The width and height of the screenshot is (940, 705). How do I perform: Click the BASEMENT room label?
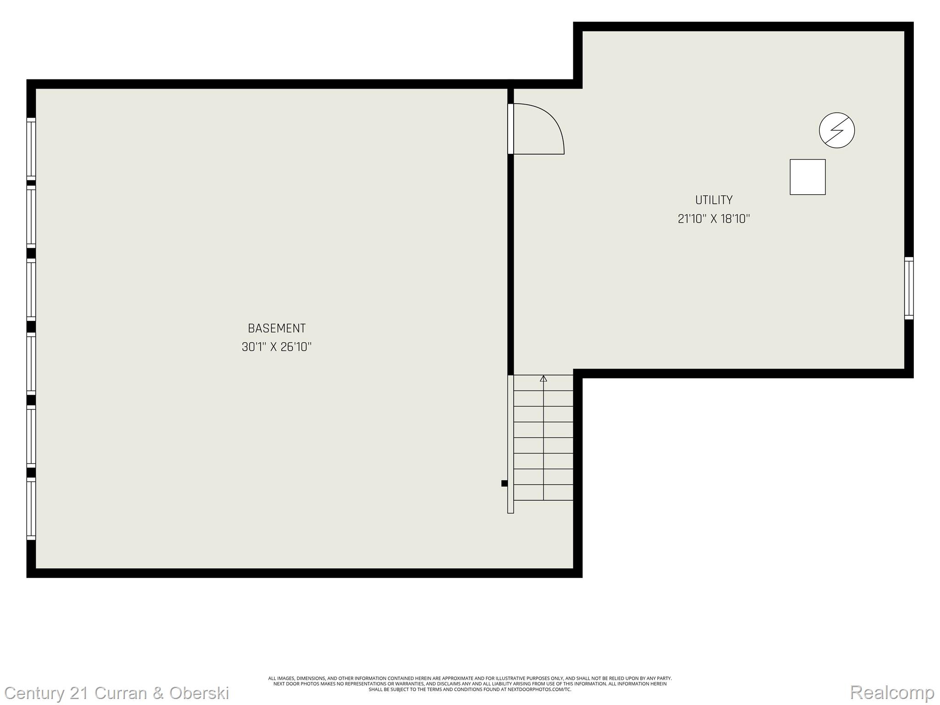276,329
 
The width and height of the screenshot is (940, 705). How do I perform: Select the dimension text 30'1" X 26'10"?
276,347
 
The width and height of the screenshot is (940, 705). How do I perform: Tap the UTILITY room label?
714,200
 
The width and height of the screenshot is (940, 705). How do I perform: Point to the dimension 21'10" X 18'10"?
714,219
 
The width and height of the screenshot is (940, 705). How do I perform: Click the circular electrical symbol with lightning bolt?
837,130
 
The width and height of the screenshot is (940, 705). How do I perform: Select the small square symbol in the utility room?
807,177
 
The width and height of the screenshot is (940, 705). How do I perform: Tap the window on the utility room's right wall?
908,288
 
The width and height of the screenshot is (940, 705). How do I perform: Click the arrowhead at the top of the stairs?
543,379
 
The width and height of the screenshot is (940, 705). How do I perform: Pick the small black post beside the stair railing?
504,483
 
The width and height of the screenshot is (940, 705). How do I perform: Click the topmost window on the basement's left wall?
31,149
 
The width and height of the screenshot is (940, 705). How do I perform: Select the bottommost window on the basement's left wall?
31,509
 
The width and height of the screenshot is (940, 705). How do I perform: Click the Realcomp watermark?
892,692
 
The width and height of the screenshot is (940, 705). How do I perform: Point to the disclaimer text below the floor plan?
470,683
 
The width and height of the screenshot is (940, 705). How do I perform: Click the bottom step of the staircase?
543,492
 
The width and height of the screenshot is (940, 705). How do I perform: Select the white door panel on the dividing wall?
510,129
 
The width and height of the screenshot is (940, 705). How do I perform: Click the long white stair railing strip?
510,444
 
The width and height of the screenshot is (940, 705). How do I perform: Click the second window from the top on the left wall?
31,217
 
